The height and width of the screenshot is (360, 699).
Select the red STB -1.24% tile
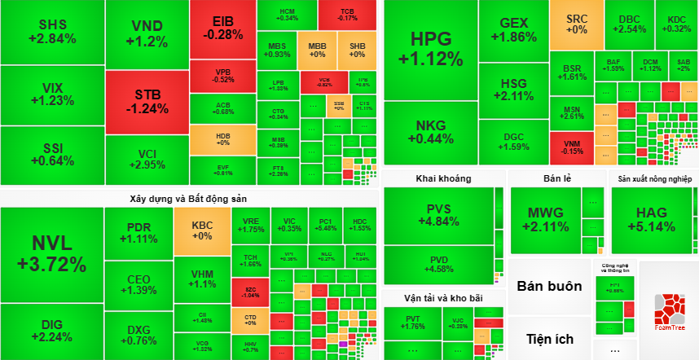pyautogui.click(x=147, y=101)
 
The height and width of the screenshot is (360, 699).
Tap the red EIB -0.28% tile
pyautogui.click(x=222, y=28)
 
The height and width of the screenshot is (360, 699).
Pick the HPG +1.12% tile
pyautogui.click(x=430, y=48)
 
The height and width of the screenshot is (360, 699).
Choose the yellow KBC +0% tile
pyautogui.click(x=201, y=230)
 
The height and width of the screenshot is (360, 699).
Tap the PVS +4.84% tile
pyautogui.click(x=438, y=215)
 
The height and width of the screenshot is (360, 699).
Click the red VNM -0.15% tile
pyautogui.click(x=572, y=147)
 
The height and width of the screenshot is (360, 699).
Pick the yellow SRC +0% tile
pyautogui.click(x=577, y=25)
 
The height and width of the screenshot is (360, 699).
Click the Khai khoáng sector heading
pyautogui.click(x=443, y=178)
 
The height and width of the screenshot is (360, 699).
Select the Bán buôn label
pyautogui.click(x=549, y=286)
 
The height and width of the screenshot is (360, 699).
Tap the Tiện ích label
pyautogui.click(x=549, y=339)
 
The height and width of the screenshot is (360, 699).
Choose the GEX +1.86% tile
pyautogui.click(x=513, y=30)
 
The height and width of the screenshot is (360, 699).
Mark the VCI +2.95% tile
pyautogui.click(x=147, y=160)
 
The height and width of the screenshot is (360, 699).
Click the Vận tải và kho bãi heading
pyautogui.click(x=443, y=298)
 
